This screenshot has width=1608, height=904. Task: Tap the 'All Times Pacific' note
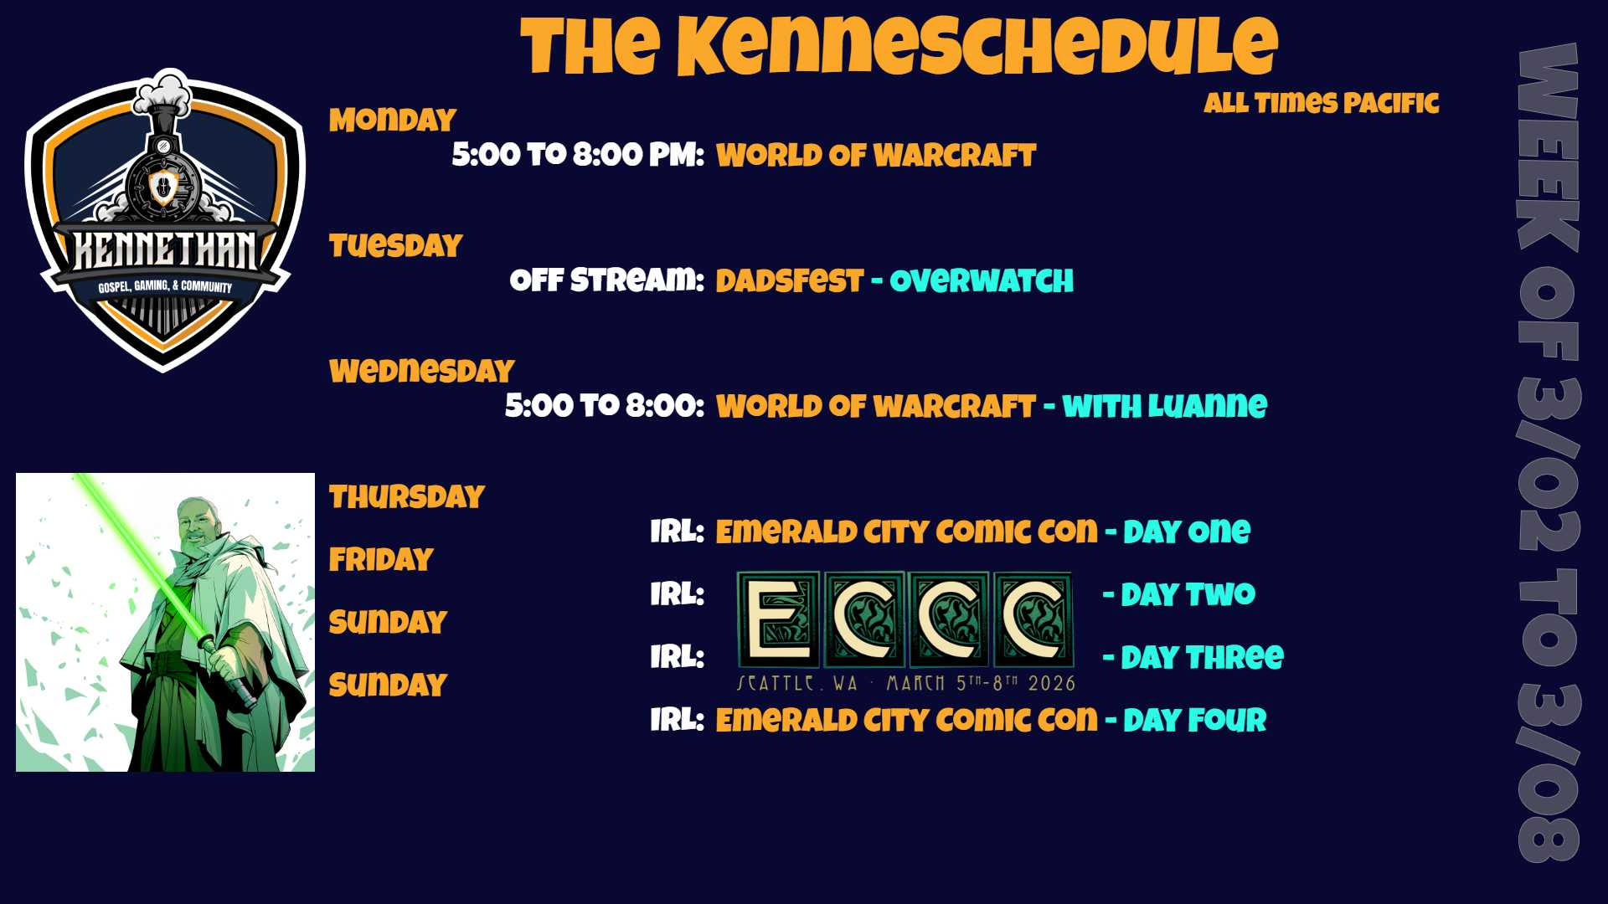(x=1322, y=103)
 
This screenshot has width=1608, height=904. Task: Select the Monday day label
(x=393, y=120)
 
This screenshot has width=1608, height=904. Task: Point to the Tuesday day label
(x=395, y=245)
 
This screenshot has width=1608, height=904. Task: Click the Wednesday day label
(x=422, y=371)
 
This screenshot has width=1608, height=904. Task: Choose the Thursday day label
(x=407, y=496)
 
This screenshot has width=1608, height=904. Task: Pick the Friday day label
(x=381, y=559)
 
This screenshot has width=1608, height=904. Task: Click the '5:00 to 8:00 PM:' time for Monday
(x=578, y=155)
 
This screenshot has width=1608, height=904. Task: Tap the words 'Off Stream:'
(x=607, y=280)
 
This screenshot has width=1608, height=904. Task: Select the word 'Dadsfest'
(x=789, y=280)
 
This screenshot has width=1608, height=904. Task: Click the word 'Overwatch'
(x=982, y=280)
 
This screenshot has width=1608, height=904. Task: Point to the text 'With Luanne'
(x=1165, y=406)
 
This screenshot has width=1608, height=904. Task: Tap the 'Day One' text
(x=1187, y=532)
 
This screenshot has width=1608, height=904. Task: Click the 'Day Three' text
(x=1202, y=657)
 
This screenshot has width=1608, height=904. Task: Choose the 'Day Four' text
(x=1194, y=720)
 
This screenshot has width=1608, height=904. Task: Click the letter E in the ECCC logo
(x=778, y=619)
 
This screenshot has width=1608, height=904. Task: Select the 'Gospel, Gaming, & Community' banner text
(x=165, y=286)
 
